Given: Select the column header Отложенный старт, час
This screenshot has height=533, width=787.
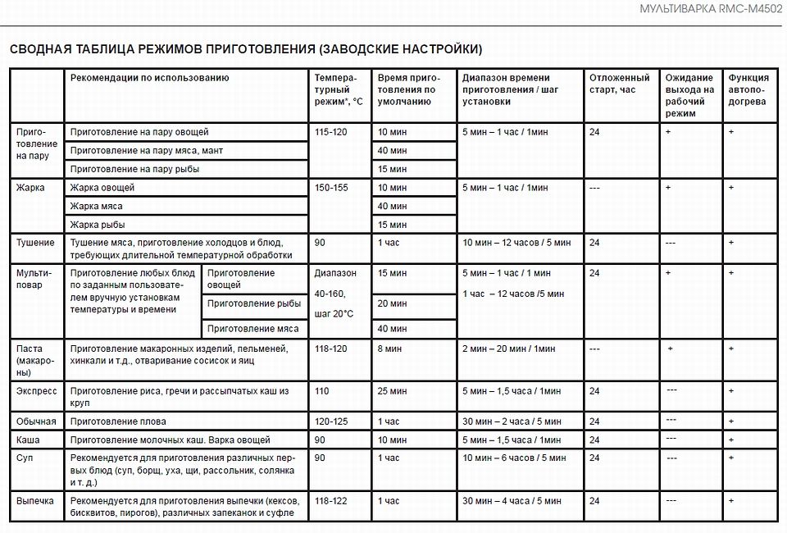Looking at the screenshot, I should tap(619, 84).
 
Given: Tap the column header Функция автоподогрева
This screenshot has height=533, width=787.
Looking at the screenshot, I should tap(748, 89).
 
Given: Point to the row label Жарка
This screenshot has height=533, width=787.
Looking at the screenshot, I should tap(30, 188).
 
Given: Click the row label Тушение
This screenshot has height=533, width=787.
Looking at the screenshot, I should tap(35, 243).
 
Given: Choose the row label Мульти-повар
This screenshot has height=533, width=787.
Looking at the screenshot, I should tap(34, 279).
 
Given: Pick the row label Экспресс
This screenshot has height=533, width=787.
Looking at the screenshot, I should tap(37, 391).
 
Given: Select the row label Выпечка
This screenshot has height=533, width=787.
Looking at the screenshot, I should tap(35, 500).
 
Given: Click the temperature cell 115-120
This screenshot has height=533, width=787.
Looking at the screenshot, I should tap(331, 132).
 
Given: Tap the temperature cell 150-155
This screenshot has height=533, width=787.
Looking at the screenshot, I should tap(331, 188).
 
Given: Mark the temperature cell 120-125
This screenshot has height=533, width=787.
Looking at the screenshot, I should tap(331, 421).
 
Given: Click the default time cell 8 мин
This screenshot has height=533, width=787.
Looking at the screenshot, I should tap(391, 348).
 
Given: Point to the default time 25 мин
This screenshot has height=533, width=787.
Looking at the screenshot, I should tap(393, 391).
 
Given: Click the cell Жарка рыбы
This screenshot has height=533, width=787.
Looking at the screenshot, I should tap(98, 225).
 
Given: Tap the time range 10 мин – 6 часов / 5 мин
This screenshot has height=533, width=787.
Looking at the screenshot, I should tap(514, 458).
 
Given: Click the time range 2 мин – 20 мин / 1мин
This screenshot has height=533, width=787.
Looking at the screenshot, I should tap(508, 348).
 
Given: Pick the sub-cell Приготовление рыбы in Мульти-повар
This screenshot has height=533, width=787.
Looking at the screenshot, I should tap(254, 303).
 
